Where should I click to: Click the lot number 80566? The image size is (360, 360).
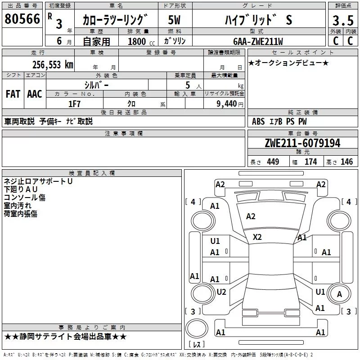22,18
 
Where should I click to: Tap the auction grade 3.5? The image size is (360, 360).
343,20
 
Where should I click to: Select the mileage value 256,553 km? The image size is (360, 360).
53,65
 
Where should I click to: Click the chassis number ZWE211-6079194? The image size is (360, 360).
302,143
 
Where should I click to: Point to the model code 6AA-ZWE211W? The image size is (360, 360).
258,41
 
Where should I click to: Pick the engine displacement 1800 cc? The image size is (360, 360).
141,41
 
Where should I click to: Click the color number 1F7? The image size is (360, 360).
74,104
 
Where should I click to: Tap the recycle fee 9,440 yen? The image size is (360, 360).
230,104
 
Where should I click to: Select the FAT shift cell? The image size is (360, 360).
13,94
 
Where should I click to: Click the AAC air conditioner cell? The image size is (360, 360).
35,94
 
